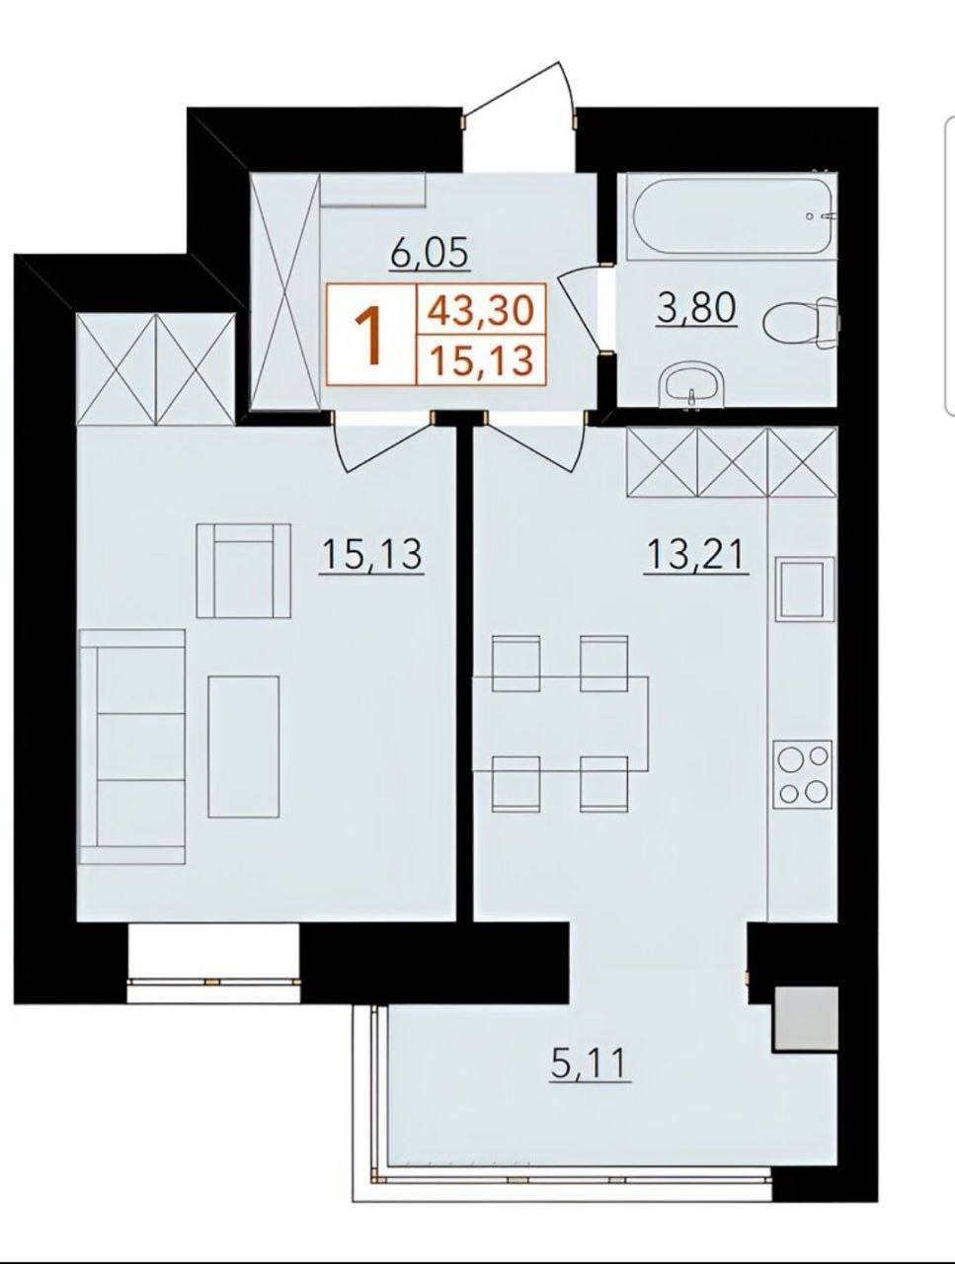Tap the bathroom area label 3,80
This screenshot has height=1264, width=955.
click(696, 308)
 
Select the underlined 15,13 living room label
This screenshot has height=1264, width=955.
click(372, 553)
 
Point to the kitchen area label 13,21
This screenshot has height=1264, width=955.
click(697, 553)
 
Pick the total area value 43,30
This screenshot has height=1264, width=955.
click(481, 309)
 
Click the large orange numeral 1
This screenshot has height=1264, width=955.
click(371, 335)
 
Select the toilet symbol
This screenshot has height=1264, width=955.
click(801, 323)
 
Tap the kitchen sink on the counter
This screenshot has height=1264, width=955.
click(805, 589)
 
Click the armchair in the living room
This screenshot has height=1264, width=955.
click(244, 571)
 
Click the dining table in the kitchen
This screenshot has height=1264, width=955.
click(560, 724)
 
